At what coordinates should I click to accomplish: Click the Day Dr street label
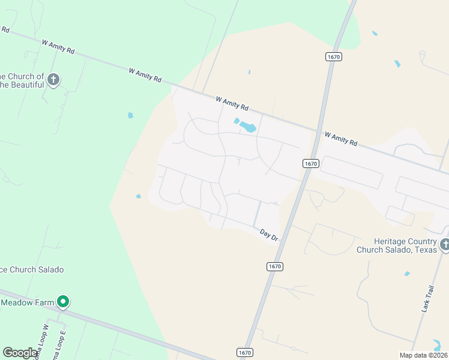tap(269, 235)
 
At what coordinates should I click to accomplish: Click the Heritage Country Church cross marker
tap(445, 245)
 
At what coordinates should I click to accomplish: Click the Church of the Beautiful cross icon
tap(53, 79)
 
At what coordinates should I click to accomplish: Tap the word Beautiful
tap(24, 85)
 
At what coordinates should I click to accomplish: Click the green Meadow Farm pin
tap(62, 302)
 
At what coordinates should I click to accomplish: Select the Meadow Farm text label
tap(28, 302)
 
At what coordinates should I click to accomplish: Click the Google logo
tap(20, 353)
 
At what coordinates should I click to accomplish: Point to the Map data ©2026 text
tap(423, 355)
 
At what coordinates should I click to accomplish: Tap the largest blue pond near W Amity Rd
tap(248, 127)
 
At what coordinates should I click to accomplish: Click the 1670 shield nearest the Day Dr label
tap(275, 266)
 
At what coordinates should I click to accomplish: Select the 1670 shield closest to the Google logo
tap(244, 352)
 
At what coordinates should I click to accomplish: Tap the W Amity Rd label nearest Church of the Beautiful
tap(58, 47)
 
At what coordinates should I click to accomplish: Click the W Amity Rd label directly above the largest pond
tap(232, 103)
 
